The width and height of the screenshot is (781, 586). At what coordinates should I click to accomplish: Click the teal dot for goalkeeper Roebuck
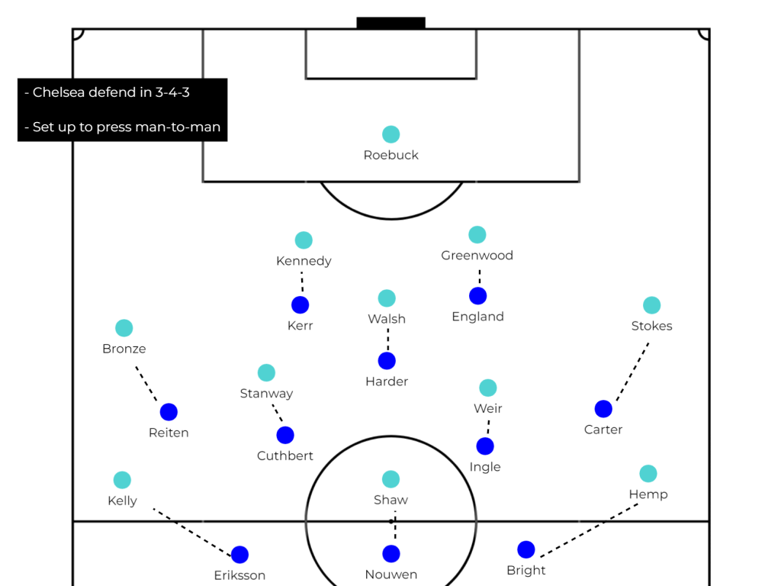(x=390, y=134)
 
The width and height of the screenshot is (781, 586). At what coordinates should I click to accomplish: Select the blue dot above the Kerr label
(x=301, y=305)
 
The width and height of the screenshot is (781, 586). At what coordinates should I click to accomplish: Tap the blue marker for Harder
(x=387, y=361)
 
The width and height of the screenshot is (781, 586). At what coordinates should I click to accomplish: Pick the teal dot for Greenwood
(x=477, y=235)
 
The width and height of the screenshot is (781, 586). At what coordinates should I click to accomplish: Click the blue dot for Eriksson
(x=239, y=555)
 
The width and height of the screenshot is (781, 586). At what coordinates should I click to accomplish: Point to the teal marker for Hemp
(x=648, y=474)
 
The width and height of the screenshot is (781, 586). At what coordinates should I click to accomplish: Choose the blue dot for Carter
(x=603, y=409)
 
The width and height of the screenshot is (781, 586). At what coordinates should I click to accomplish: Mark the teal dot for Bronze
(x=124, y=328)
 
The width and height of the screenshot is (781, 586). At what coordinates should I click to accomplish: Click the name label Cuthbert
(x=285, y=456)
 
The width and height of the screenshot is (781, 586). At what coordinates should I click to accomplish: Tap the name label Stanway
(x=266, y=394)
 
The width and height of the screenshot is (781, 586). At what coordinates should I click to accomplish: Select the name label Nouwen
(x=391, y=575)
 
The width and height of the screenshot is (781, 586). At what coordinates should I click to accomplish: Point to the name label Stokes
(x=652, y=326)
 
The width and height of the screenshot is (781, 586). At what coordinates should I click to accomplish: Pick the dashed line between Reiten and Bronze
(x=146, y=384)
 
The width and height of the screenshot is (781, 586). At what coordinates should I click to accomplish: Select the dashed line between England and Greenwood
(x=479, y=276)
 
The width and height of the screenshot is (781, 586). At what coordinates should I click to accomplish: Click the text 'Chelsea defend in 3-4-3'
(x=111, y=93)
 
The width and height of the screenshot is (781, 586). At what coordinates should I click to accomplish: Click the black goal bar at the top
(x=390, y=23)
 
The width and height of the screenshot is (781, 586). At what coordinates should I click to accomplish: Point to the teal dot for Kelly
(x=122, y=480)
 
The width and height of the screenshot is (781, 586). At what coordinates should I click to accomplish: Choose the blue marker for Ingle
(x=485, y=446)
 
